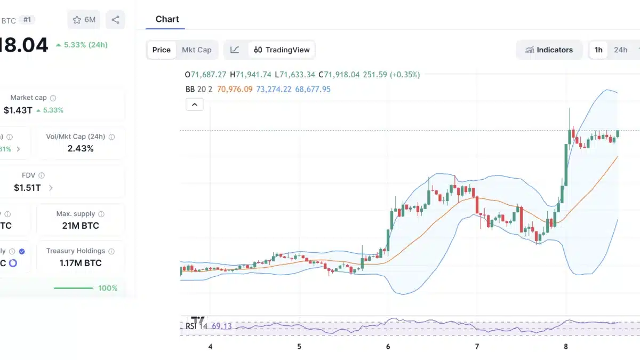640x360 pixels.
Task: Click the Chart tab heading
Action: pos(167,19)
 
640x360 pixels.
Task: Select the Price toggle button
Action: pos(161,50)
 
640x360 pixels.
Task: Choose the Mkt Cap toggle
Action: pos(196,50)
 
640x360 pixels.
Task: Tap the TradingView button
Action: pos(282,50)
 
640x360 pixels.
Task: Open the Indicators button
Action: pos(549,50)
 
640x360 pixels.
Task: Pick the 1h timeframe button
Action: pos(598,50)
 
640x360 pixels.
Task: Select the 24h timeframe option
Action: pos(620,50)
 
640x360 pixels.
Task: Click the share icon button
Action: pos(115,20)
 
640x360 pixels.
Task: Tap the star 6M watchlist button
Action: pos(84,20)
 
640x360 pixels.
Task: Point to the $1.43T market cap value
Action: pos(18,110)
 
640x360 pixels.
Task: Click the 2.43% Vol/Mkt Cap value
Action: pos(81,148)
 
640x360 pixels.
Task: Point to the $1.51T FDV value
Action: pos(27,187)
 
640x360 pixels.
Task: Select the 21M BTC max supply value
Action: pos(81,226)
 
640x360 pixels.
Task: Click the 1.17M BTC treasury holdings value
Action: pos(81,263)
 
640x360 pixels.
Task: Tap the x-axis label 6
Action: pos(388,347)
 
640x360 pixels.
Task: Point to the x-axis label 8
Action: pos(566,347)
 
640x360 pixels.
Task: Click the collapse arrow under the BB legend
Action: pos(194,105)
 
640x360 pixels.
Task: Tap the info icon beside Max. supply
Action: pos(101,214)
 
